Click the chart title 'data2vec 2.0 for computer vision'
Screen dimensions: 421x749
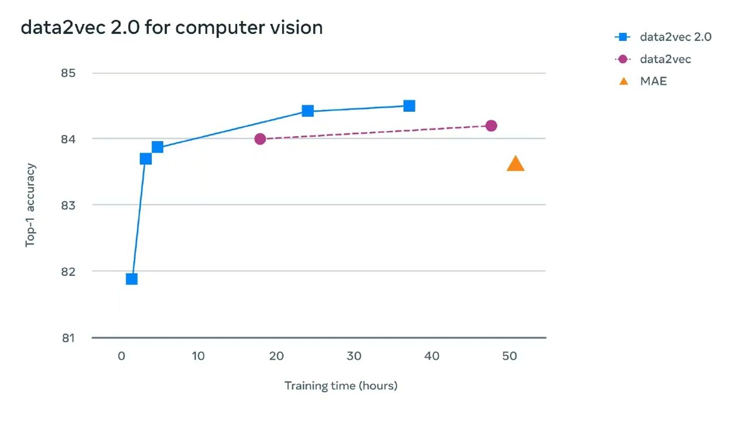[171, 27]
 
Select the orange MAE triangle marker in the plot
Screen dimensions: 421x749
[515, 164]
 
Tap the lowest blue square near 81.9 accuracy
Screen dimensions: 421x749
[132, 279]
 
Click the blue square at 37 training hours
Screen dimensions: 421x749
[409, 106]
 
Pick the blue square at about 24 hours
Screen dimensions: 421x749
[308, 111]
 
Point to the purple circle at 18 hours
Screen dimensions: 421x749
[260, 139]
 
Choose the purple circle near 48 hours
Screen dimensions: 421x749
[491, 126]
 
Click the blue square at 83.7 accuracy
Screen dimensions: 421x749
[146, 158]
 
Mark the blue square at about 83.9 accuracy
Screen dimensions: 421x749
[157, 147]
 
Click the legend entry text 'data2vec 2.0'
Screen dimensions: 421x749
[675, 37]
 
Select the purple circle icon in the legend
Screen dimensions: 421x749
[623, 59]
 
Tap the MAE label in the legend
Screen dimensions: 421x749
[653, 81]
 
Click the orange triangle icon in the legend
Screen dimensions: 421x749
[623, 81]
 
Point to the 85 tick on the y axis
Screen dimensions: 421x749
[68, 73]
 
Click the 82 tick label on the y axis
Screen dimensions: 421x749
[68, 271]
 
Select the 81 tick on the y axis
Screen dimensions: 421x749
[69, 337]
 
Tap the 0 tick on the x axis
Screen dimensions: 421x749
[121, 356]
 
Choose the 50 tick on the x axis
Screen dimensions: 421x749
[510, 356]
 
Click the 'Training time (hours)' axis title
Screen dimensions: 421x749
[341, 385]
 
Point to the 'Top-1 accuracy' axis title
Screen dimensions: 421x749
[30, 205]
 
